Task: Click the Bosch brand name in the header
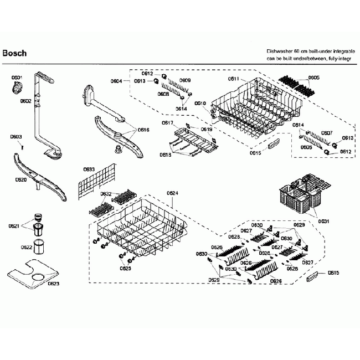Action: [x=14, y=54]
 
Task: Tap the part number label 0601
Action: [x=17, y=78]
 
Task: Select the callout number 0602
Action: [x=26, y=101]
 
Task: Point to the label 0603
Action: [x=16, y=137]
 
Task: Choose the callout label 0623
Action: [x=53, y=284]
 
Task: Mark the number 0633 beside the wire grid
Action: [x=89, y=169]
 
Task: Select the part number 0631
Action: [x=323, y=222]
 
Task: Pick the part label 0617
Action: [x=168, y=122]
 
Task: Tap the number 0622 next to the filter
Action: [x=27, y=248]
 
